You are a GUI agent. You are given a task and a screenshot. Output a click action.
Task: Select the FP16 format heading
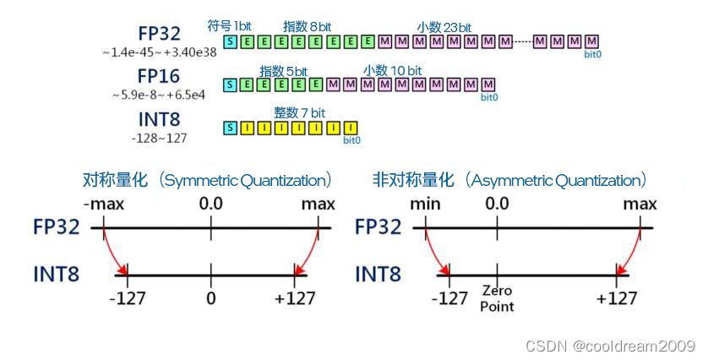click(x=161, y=75)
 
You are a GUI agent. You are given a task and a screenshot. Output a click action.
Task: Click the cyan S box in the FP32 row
click(x=230, y=41)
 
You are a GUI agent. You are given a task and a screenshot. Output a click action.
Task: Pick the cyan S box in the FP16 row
click(x=230, y=85)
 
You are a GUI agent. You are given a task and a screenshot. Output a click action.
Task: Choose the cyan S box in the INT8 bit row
click(x=230, y=128)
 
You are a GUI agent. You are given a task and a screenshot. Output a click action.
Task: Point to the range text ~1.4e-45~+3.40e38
click(x=160, y=52)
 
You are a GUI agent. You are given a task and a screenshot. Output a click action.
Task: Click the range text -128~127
click(x=160, y=137)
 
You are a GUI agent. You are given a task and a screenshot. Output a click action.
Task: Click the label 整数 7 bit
click(x=300, y=112)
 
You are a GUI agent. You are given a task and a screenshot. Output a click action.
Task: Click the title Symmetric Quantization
click(x=207, y=180)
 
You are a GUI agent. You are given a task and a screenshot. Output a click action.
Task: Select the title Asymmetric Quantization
click(x=510, y=180)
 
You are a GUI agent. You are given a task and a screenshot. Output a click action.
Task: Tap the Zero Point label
click(x=496, y=298)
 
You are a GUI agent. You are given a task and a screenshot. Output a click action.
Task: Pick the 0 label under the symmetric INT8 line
click(x=211, y=297)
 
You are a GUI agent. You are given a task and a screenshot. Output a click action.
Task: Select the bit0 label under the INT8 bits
click(x=351, y=140)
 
